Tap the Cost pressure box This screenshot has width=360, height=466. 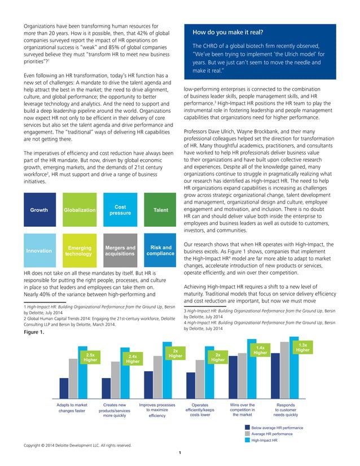point(120,210)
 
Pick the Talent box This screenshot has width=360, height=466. point(160,210)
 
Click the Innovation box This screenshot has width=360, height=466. point(39,250)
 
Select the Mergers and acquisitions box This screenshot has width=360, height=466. point(120,250)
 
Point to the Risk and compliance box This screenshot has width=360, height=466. point(160,250)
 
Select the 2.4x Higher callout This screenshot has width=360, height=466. point(133,359)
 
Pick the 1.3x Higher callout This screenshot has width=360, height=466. point(302,347)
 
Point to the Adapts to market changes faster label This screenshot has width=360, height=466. point(72,408)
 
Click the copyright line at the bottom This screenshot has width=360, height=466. point(77,445)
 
